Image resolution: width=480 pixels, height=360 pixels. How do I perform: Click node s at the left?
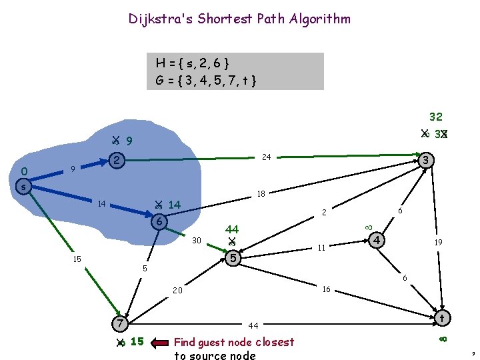pyautogui.click(x=23, y=187)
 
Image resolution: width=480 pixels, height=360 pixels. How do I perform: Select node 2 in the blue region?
pyautogui.click(x=117, y=161)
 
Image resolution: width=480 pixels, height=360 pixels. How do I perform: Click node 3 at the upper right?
pyautogui.click(x=427, y=160)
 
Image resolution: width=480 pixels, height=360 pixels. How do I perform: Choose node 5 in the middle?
pyautogui.click(x=232, y=257)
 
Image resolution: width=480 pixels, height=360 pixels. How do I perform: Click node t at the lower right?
pyautogui.click(x=441, y=318)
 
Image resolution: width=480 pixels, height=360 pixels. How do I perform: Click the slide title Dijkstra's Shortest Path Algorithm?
pyautogui.click(x=239, y=19)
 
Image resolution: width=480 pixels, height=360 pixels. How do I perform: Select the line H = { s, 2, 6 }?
pyautogui.click(x=193, y=63)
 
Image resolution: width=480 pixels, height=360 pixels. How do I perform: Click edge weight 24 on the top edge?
pyautogui.click(x=266, y=157)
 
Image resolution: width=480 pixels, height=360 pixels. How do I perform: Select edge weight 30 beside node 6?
pyautogui.click(x=197, y=240)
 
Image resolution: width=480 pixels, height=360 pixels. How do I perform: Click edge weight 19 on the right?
pyautogui.click(x=439, y=243)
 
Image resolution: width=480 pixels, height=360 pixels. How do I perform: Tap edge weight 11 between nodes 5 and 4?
pyautogui.click(x=321, y=248)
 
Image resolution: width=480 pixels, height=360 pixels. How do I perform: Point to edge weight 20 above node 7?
pyautogui.click(x=178, y=291)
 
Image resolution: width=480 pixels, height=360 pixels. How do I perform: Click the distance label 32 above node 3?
pyautogui.click(x=435, y=117)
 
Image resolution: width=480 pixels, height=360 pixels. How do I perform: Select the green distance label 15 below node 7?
pyautogui.click(x=137, y=342)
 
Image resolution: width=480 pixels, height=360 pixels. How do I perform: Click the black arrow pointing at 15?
pyautogui.click(x=160, y=343)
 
